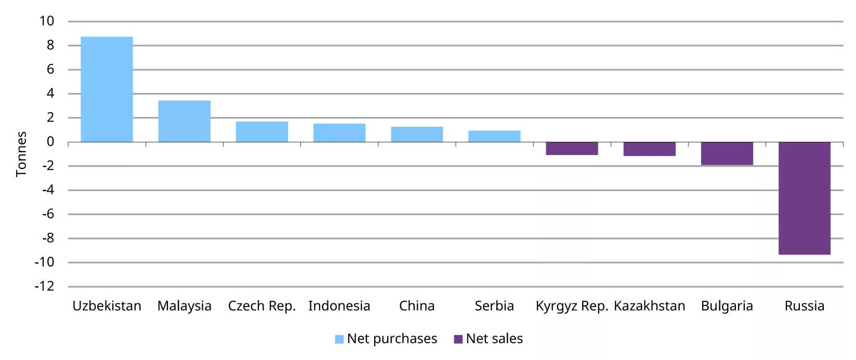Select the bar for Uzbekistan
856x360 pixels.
pyautogui.click(x=107, y=89)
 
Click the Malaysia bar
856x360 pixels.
pyautogui.click(x=184, y=121)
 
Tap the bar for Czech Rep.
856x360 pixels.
pyautogui.click(x=261, y=132)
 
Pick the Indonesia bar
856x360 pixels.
pyautogui.click(x=339, y=133)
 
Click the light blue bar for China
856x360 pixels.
pyautogui.click(x=417, y=135)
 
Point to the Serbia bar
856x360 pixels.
pyautogui.click(x=494, y=136)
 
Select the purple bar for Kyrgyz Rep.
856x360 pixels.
pyautogui.click(x=572, y=149)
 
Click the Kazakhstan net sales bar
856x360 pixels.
pyautogui.click(x=649, y=149)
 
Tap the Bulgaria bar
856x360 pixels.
pyautogui.click(x=727, y=154)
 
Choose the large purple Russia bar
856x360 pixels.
pyautogui.click(x=804, y=198)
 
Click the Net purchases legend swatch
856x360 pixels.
pyautogui.click(x=339, y=339)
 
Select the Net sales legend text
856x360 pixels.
pyautogui.click(x=494, y=339)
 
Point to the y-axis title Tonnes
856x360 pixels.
pyautogui.click(x=21, y=154)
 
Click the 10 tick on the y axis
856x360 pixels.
pyautogui.click(x=47, y=21)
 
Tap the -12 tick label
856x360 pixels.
pyautogui.click(x=45, y=286)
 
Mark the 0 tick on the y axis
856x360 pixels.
pyautogui.click(x=50, y=142)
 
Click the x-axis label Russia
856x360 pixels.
pyautogui.click(x=804, y=306)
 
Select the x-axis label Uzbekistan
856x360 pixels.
pyautogui.click(x=107, y=306)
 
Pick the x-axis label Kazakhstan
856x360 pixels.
pyautogui.click(x=649, y=306)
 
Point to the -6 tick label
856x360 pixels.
pyautogui.click(x=48, y=214)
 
